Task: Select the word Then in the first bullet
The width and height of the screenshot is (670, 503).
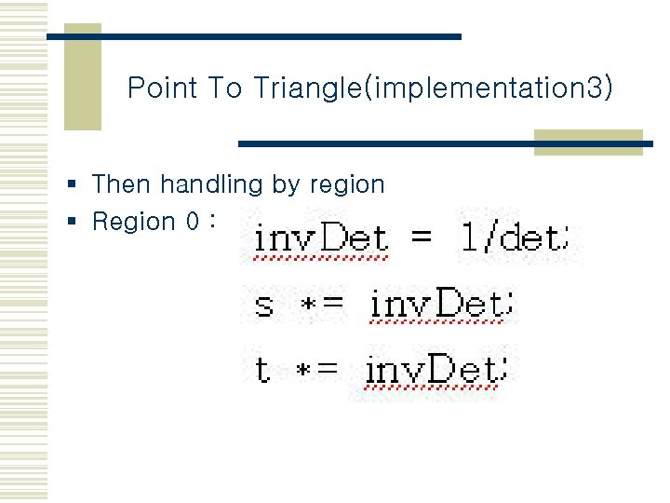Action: coord(122,184)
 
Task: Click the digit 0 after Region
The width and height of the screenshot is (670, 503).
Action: coord(192,222)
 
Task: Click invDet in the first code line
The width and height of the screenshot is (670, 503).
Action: coord(320,238)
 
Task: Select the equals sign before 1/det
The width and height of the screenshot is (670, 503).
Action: coord(422,238)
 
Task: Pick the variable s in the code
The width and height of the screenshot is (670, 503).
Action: coord(263,305)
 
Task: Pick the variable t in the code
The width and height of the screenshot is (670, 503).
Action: coord(263,370)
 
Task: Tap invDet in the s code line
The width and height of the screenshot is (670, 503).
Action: coord(436,304)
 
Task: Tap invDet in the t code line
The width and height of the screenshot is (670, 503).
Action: coord(433,370)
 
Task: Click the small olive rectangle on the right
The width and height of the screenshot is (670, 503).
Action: coord(588,142)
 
